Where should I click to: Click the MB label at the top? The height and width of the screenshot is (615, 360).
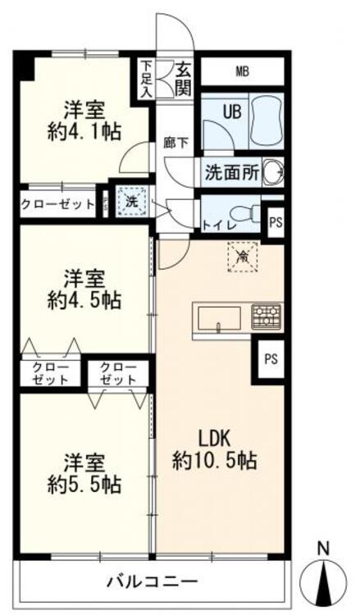coord(242,71)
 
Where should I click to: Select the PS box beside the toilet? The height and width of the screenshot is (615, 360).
coord(274,221)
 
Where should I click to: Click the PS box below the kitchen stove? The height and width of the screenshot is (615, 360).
coord(270,358)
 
